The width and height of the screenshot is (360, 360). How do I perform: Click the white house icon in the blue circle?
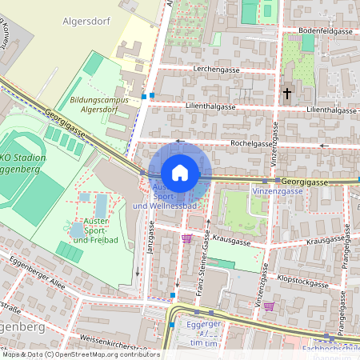pos(180,173)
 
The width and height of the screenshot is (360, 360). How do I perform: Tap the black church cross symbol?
pos(287,94)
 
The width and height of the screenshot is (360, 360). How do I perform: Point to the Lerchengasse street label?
pos(214,70)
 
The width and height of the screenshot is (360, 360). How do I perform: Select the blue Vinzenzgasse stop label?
pos(277,191)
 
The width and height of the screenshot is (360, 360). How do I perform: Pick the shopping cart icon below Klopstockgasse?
pos(269,306)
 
